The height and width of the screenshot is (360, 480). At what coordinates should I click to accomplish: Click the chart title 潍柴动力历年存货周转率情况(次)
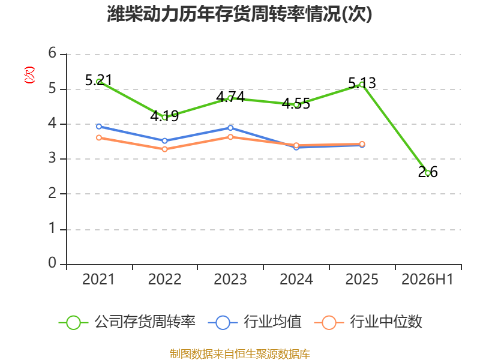pos(239,14)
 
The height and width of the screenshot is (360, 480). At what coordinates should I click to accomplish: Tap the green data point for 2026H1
pos(428,173)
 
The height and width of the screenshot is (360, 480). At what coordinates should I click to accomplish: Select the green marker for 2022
pos(164,117)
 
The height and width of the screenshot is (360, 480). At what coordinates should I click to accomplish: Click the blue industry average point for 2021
pos(99,127)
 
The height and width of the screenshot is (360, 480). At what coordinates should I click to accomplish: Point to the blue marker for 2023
pos(230,128)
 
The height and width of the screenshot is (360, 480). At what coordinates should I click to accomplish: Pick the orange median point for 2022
pos(164,149)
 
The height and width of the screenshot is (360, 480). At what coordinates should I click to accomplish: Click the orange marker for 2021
pos(99,138)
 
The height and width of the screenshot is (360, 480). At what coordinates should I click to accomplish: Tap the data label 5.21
pos(98,80)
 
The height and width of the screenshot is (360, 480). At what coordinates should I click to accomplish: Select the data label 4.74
pos(230,97)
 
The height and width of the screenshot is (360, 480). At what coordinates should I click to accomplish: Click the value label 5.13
pos(362,83)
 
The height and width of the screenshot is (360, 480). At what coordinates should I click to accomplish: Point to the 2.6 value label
pos(428,172)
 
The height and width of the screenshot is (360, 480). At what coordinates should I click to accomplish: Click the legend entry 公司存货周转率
pos(127,322)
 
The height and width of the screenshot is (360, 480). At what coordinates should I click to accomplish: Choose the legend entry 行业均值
pos(254,322)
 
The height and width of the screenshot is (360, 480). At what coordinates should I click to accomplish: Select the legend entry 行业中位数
pos(368,322)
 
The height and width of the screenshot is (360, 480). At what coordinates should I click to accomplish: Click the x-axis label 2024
pos(296,279)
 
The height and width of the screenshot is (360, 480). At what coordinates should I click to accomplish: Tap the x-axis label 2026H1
pos(427,279)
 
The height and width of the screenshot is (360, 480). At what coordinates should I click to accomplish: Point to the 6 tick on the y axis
pos(52,53)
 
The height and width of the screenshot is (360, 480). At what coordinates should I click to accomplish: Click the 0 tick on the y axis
pos(52,263)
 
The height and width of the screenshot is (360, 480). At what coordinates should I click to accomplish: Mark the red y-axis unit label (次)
pos(29,75)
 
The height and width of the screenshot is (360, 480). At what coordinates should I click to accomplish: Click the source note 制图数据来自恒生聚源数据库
pos(239,354)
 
